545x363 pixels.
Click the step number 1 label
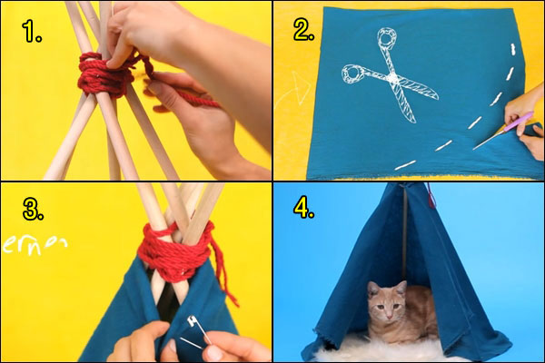[33, 35]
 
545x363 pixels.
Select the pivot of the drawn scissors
[392, 80]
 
